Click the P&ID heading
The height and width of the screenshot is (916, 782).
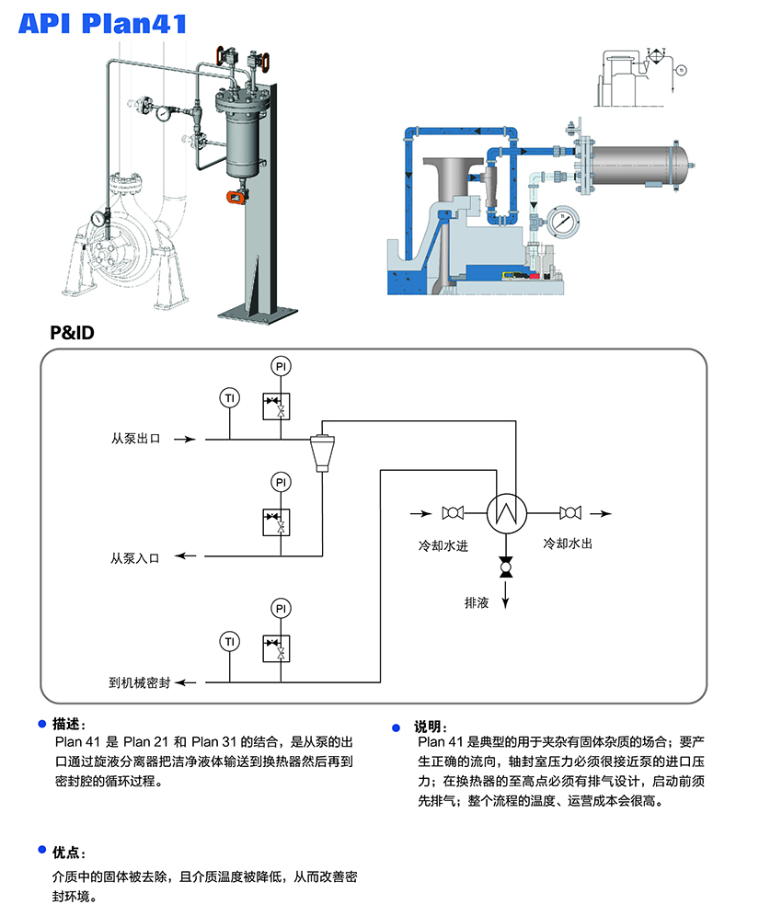[72, 332]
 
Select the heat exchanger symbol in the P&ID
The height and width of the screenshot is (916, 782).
[505, 511]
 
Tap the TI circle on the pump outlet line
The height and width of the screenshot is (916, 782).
[229, 398]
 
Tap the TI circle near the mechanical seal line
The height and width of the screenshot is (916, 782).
[229, 641]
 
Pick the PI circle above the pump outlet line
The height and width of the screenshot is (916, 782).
[281, 367]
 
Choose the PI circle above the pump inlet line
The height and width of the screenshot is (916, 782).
[281, 481]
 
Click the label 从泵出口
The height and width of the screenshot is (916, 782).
[136, 440]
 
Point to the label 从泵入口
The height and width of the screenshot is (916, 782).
[136, 556]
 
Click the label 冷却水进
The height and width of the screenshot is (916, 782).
[443, 545]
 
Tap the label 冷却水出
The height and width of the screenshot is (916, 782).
[568, 544]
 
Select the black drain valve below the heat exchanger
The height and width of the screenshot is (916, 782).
[505, 567]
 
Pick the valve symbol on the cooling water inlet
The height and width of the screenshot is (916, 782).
[453, 512]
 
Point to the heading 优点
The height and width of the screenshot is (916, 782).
[68, 853]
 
